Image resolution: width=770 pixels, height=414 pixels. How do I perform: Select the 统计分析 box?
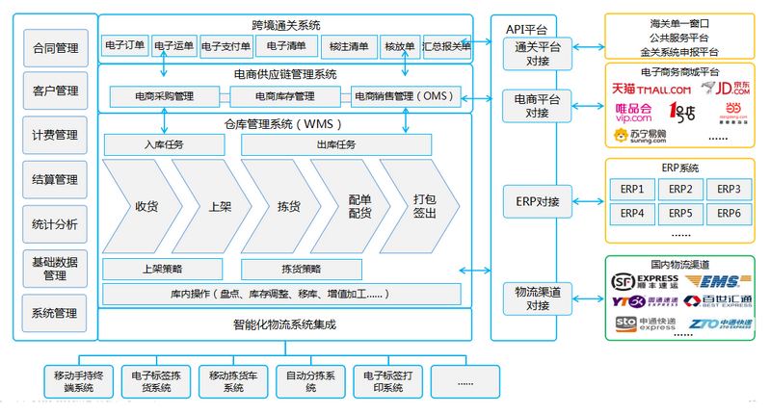pyautogui.click(x=55, y=224)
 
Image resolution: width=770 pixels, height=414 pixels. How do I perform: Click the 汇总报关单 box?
pyautogui.click(x=447, y=45)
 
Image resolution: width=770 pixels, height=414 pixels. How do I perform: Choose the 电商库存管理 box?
pyautogui.click(x=284, y=96)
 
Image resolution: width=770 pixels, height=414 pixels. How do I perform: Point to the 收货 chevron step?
pyautogui.click(x=146, y=206)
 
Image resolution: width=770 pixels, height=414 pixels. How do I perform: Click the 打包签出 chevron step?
pyautogui.click(x=423, y=206)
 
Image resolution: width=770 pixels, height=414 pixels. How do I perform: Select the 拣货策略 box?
pyautogui.click(x=301, y=268)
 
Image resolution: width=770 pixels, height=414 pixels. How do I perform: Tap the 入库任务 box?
pyautogui.click(x=164, y=145)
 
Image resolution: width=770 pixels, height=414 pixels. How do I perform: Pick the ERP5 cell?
pyautogui.click(x=680, y=213)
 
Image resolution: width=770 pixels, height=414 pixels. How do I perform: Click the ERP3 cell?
pyautogui.click(x=730, y=189)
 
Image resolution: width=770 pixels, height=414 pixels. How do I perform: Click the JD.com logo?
pyautogui.click(x=728, y=89)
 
